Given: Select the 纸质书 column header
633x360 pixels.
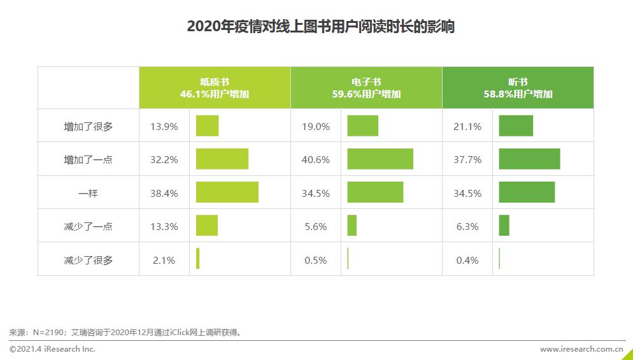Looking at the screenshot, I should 215,87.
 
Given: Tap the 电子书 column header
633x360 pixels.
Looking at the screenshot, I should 366,87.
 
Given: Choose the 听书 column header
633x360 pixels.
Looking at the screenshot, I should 518,87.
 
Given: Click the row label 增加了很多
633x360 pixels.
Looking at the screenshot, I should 88,126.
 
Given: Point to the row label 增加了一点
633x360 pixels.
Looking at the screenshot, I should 88,159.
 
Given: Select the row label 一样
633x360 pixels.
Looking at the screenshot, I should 88,193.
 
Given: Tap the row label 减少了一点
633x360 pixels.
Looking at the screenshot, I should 88,226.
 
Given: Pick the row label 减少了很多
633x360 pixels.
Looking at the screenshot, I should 88,260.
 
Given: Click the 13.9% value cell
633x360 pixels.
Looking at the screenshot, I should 164,126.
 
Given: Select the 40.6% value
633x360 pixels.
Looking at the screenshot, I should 315,159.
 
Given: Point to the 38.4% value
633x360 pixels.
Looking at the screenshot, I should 164,193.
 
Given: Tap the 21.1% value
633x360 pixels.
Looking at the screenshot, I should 467,126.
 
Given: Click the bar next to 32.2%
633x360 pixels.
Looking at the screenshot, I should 222,159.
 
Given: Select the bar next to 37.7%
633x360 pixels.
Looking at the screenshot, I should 529,159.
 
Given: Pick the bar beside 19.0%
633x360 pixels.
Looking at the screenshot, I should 362,126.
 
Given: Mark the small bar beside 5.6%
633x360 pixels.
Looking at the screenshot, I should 352,226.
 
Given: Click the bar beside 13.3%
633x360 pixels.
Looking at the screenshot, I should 206,226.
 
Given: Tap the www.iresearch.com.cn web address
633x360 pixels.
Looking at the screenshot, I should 581,349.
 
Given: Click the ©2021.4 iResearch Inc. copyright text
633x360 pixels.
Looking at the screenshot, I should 52,349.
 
